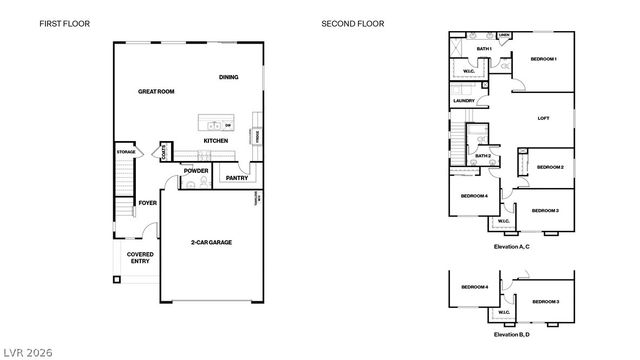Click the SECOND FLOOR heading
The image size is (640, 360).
[353, 23]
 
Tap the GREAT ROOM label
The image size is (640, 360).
[157, 91]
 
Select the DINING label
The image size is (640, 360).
[228, 77]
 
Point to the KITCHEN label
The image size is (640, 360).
[215, 141]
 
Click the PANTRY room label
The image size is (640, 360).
[237, 178]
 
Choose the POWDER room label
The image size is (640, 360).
[196, 170]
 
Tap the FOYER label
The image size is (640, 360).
[147, 203]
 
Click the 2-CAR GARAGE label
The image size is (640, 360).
[211, 242]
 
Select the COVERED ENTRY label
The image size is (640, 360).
[139, 258]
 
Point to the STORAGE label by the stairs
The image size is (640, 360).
[125, 152]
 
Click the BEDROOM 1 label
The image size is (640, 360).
[543, 59]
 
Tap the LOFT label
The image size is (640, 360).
[543, 118]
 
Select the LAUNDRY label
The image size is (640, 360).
[463, 100]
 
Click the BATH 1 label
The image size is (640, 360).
[483, 48]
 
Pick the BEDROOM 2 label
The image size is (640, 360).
[550, 167]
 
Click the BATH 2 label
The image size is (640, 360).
[482, 156]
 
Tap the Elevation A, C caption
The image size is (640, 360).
[512, 246]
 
